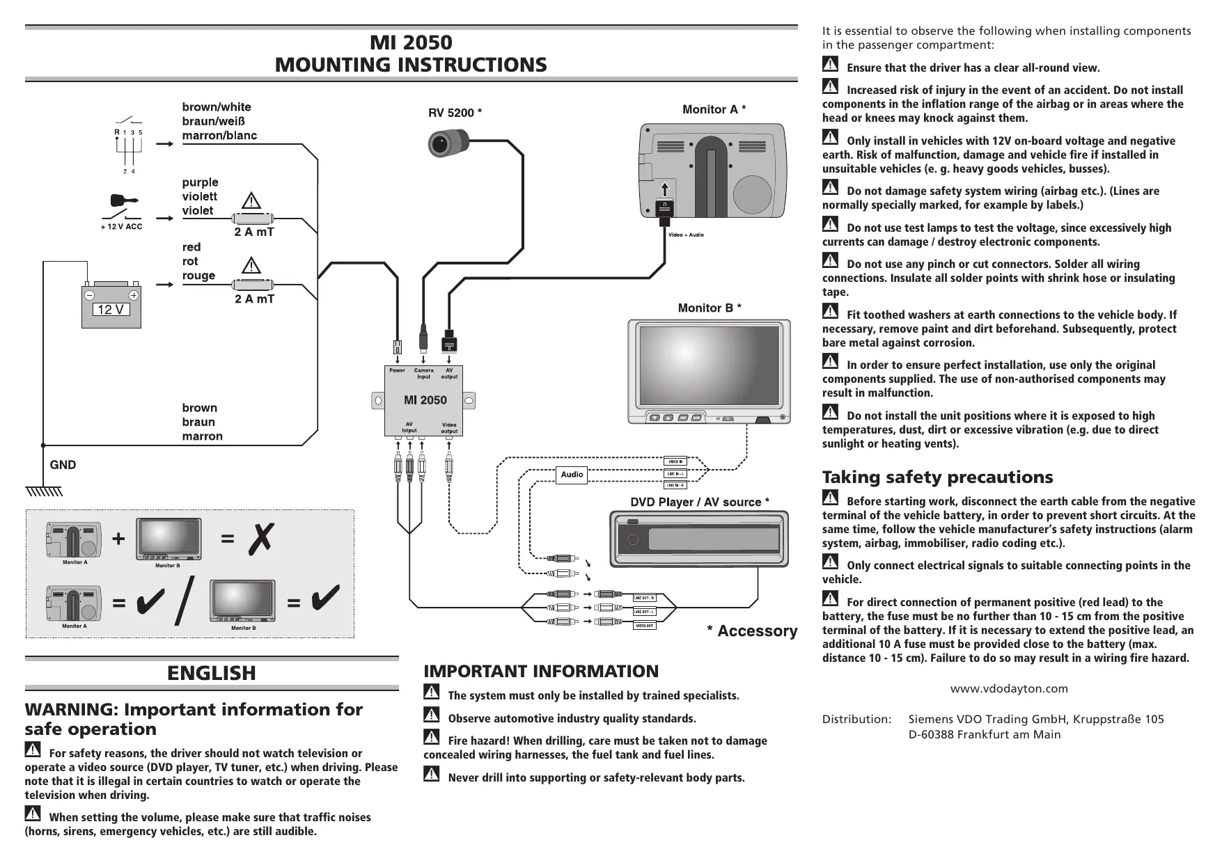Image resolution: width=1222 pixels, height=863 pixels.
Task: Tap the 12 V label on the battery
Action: (111, 310)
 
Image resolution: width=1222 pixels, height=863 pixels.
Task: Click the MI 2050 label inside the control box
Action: (425, 400)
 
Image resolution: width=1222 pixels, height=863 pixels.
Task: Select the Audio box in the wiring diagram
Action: (572, 475)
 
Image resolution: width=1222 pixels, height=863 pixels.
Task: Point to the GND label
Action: (63, 465)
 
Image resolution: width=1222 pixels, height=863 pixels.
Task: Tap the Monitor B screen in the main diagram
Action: (709, 365)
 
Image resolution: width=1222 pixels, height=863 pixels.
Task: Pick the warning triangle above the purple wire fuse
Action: (251, 200)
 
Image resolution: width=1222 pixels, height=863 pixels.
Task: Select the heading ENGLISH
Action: (212, 673)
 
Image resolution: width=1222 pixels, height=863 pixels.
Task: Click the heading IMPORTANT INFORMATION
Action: (541, 672)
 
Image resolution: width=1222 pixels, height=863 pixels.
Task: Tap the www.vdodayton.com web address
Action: (1009, 689)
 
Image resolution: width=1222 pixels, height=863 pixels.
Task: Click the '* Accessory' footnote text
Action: (752, 631)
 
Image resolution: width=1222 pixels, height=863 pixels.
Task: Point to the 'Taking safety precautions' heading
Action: (937, 477)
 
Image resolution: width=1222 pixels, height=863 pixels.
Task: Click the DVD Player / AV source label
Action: (699, 502)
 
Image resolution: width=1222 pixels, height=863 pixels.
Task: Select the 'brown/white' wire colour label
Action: (217, 107)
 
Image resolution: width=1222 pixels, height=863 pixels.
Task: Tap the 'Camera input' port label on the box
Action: (423, 374)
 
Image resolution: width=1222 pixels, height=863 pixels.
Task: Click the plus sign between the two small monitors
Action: (119, 539)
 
